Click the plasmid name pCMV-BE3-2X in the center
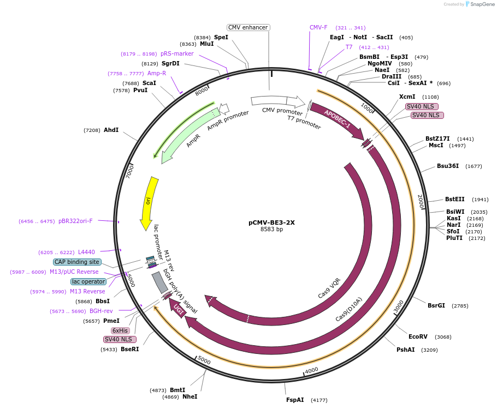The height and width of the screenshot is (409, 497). (x=271, y=222)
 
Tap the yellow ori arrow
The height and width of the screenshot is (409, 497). (x=149, y=202)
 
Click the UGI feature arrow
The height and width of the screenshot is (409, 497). (x=177, y=308)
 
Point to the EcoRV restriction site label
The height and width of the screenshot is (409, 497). (x=418, y=336)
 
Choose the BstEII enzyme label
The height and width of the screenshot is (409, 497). (x=455, y=199)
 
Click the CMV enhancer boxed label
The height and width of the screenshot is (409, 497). (x=248, y=27)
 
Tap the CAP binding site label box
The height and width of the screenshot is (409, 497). (x=77, y=262)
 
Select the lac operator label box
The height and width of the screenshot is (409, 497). (x=88, y=281)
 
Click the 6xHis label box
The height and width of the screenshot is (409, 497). (x=120, y=330)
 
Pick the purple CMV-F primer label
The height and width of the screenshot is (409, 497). (x=318, y=27)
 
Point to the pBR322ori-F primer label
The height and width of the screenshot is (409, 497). (x=75, y=221)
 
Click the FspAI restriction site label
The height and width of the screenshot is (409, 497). (x=295, y=400)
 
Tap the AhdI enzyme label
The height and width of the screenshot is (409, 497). (x=111, y=130)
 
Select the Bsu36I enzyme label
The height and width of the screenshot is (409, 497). (x=448, y=166)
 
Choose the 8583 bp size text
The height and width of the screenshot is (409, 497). (x=271, y=230)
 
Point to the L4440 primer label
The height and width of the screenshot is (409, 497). (x=86, y=252)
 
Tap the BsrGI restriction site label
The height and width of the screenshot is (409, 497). (x=436, y=305)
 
